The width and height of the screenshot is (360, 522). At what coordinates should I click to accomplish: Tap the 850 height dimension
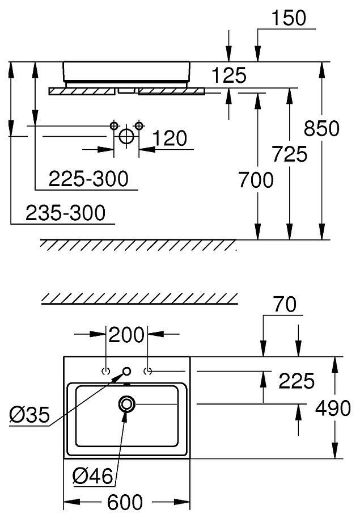coord(322,128)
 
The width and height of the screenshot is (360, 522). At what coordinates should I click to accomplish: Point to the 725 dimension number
coord(290,154)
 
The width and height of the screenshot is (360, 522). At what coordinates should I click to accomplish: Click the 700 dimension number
coord(255,180)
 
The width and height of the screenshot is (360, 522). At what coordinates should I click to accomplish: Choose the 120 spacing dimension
coord(170,138)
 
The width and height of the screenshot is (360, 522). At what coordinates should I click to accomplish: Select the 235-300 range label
coord(65,213)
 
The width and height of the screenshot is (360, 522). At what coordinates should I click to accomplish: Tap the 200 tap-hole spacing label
coord(126,335)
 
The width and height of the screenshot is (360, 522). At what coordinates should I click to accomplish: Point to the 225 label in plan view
coord(296,381)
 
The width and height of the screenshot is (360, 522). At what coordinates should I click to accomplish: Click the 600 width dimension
coord(126,502)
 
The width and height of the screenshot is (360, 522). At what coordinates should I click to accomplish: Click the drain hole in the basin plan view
coord(126,404)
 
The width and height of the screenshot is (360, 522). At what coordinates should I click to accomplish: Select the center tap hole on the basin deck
coord(126,372)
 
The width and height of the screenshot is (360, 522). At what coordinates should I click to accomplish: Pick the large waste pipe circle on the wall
coord(126,136)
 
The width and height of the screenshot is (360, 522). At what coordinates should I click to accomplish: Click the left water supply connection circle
coord(114,125)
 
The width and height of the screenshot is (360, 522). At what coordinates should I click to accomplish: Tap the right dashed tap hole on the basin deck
coord(148,372)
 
